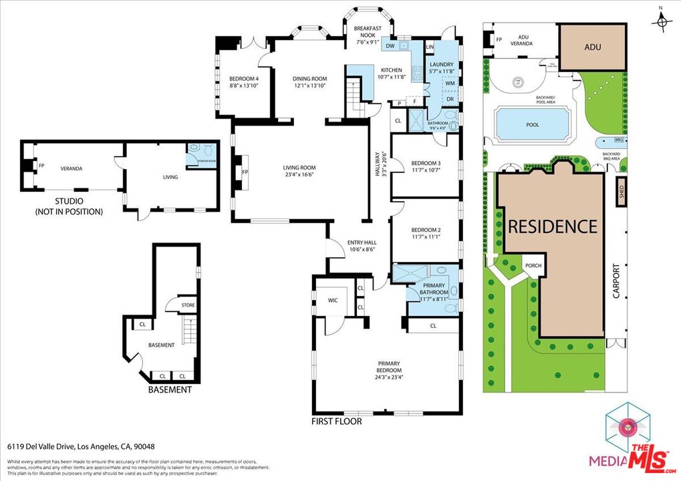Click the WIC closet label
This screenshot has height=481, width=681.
pos(333,300)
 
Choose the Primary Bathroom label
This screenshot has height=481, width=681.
pos(432,290)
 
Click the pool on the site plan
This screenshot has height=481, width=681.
pos(532,125)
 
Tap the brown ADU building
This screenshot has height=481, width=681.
pos(592,47)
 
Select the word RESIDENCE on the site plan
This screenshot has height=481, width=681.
pos(553,226)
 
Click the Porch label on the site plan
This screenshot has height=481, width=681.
pos(533,266)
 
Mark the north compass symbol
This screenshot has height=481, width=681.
pos(662,21)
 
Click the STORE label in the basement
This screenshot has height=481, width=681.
pos(188,305)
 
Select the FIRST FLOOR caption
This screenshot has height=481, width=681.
pos(337,422)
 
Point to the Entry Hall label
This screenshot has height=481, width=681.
pos(362,246)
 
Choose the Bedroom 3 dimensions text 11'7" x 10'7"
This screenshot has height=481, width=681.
pos(426,170)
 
